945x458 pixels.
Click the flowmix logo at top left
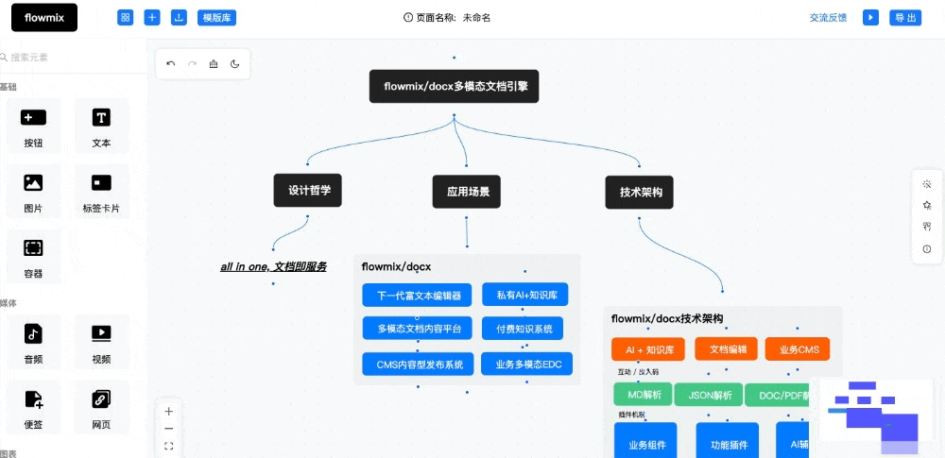pyautogui.click(x=39, y=17)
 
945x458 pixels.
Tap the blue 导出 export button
pyautogui.click(x=904, y=18)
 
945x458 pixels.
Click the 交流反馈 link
pyautogui.click(x=828, y=18)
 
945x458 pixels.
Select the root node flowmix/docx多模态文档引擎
pyautogui.click(x=454, y=86)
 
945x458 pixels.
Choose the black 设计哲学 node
pyautogui.click(x=308, y=191)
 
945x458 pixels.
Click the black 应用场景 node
pyautogui.click(x=467, y=192)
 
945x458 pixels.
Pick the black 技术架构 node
pyautogui.click(x=640, y=192)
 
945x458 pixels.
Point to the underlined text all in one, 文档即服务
pyautogui.click(x=273, y=267)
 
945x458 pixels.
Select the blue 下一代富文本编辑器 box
pyautogui.click(x=417, y=296)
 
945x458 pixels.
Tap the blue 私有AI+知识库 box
pyautogui.click(x=525, y=296)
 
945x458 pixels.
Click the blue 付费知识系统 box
pyautogui.click(x=523, y=329)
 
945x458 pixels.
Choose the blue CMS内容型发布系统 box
pyautogui.click(x=417, y=364)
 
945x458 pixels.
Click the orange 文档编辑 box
pyautogui.click(x=727, y=349)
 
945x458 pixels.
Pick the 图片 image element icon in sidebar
pyautogui.click(x=33, y=183)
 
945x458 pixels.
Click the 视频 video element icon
pyautogui.click(x=101, y=333)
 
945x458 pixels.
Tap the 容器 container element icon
pyautogui.click(x=33, y=248)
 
